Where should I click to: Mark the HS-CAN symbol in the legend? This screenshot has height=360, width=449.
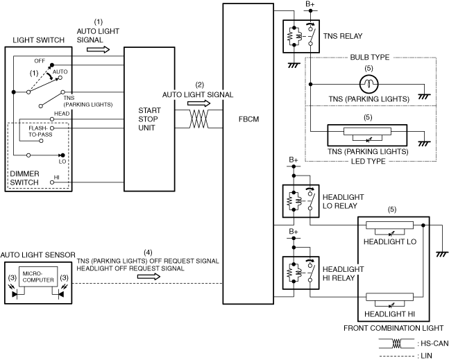[x=395, y=343]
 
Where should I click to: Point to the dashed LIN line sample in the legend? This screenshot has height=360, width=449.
[x=395, y=355]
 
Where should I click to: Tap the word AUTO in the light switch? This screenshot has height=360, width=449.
[x=60, y=71]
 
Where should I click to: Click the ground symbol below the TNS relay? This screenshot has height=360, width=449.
[x=292, y=64]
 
